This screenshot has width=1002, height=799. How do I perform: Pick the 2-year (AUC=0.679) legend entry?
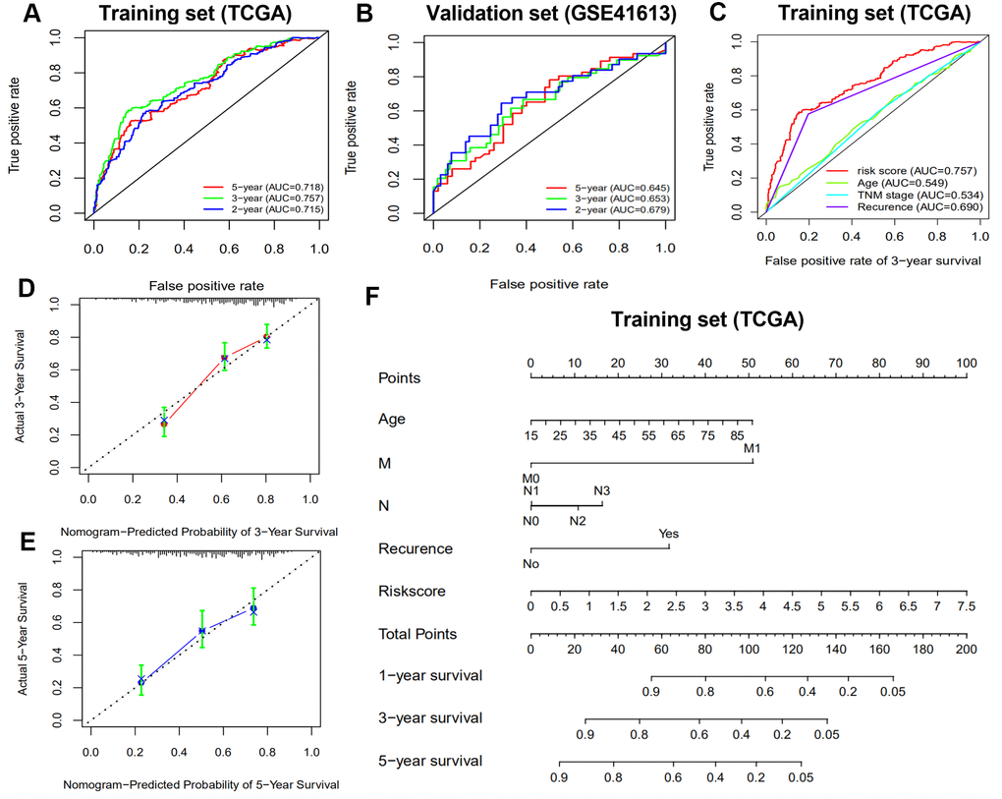click(x=598, y=213)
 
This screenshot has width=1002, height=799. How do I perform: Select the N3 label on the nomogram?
click(x=603, y=489)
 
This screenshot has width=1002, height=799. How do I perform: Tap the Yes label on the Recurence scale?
click(x=669, y=534)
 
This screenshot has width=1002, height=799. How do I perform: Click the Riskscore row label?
click(x=412, y=592)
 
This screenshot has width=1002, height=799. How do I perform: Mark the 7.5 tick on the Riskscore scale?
click(x=966, y=608)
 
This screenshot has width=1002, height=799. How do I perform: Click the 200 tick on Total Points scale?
click(x=967, y=651)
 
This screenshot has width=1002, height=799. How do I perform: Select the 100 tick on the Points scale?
click(x=967, y=364)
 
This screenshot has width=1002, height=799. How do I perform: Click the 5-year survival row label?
click(x=430, y=761)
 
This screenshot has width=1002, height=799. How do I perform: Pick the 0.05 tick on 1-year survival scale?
click(x=892, y=693)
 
